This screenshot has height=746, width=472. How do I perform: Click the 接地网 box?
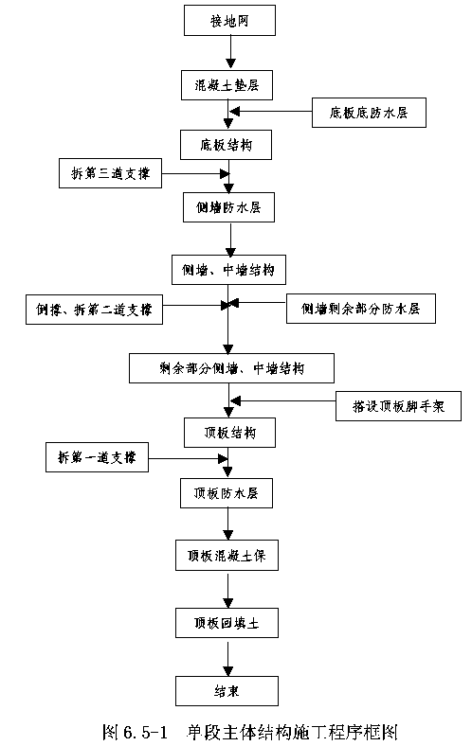229,21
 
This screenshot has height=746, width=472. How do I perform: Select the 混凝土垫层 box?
227,85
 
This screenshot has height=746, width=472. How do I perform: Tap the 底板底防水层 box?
369,113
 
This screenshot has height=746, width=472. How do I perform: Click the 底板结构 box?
226,145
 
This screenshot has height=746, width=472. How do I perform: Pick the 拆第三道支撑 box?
111,173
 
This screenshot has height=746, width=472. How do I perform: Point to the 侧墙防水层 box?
228,207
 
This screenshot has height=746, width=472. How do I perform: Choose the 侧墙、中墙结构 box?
228,270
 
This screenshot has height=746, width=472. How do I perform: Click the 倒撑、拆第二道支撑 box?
94,310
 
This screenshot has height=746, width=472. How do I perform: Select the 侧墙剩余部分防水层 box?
361,309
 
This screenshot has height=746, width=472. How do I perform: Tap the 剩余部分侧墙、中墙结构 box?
231,368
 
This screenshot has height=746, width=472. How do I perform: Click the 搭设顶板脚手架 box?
399,406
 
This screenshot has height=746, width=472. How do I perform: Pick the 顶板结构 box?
229,433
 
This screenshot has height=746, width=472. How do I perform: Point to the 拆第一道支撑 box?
98,457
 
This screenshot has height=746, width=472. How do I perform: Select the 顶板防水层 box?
227,493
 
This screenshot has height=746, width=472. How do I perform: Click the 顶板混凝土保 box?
227,555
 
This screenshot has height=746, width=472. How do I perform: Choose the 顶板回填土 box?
227,623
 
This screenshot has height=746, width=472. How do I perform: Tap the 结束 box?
227,691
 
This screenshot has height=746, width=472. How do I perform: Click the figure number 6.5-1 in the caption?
145,732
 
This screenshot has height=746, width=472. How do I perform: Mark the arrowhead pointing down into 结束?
228,671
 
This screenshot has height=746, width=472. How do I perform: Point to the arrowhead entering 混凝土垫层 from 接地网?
230,63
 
